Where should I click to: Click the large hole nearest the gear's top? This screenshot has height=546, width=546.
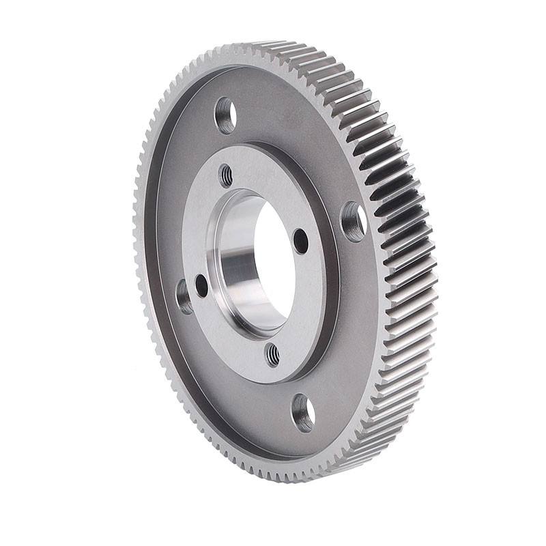point(225,115)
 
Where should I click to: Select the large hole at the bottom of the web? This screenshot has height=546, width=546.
point(302,412)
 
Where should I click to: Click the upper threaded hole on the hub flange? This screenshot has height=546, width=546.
point(226,175)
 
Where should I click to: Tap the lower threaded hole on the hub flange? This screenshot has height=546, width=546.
point(273,354)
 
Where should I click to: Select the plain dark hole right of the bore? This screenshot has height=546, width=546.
point(301,240)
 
